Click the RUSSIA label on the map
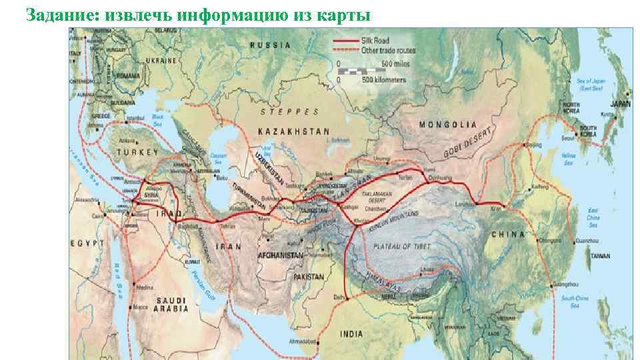pos(270,45)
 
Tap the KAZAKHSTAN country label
pos(293,132)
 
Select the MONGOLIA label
pos(448,125)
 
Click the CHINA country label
pos(508,235)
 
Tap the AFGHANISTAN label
pos(281,255)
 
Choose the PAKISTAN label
pos(307,277)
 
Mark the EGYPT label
pos(86,243)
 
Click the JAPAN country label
pos(620,104)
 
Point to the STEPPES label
pos(289,111)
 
